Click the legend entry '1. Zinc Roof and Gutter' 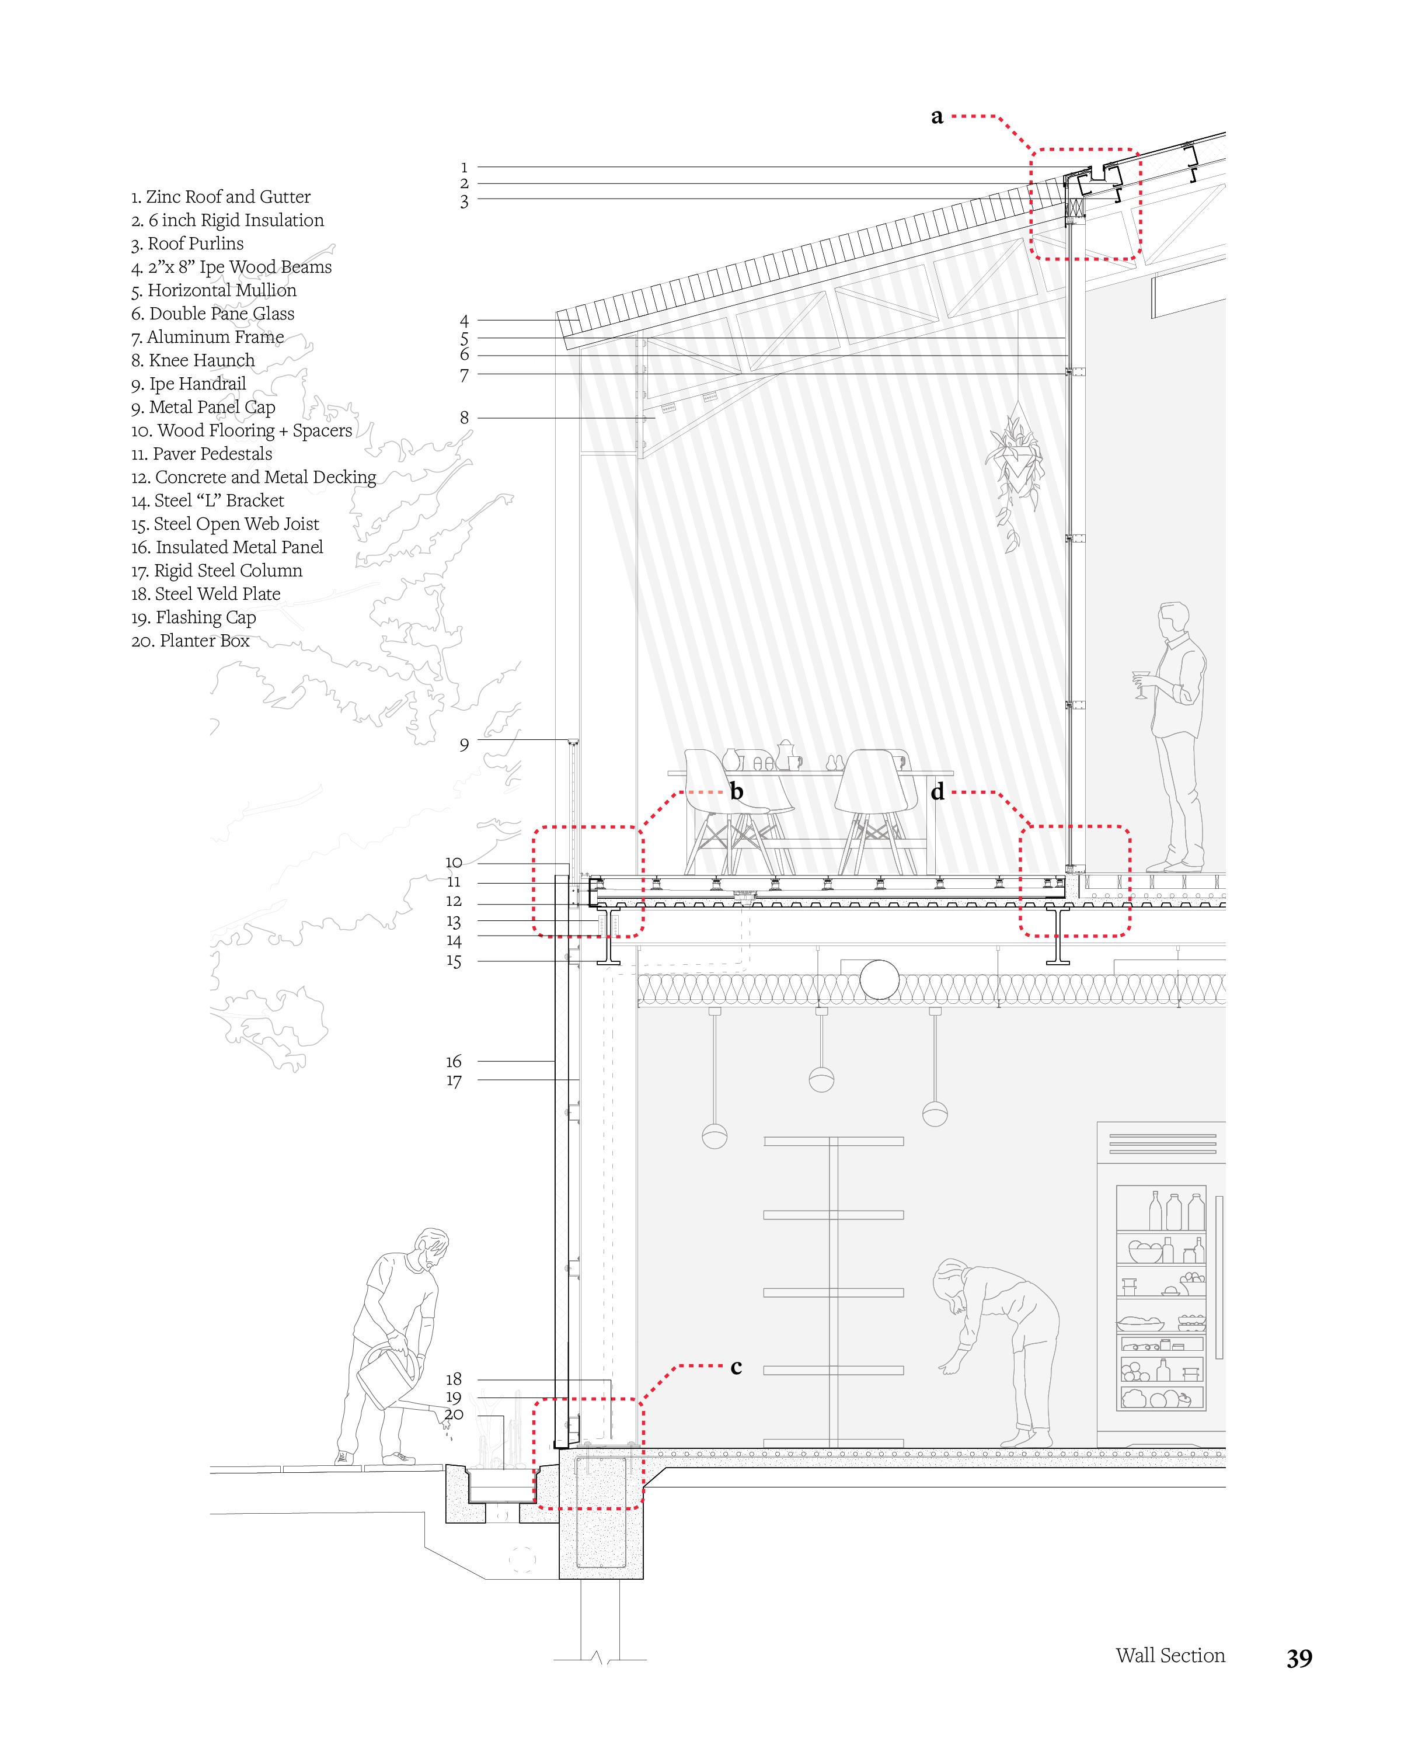[x=220, y=197]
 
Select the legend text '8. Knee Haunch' [x=193, y=360]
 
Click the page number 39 [x=1299, y=1659]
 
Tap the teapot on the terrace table [x=785, y=755]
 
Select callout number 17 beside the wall [x=453, y=1081]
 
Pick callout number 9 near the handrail [x=463, y=745]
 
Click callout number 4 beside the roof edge [x=463, y=321]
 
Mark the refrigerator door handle [x=1219, y=1276]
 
